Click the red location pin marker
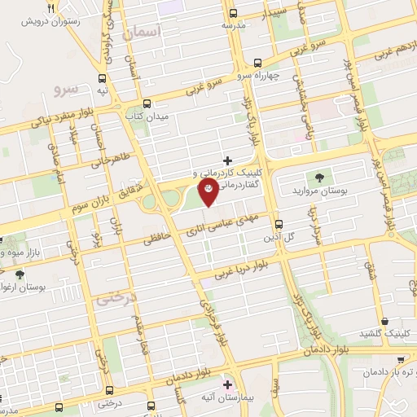(x=209, y=192)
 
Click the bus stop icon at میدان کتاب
(x=147, y=103)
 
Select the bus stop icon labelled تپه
(x=103, y=79)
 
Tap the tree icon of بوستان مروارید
(x=318, y=178)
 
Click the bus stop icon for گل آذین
(x=279, y=223)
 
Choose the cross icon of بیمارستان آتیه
(x=227, y=384)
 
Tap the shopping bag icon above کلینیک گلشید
(x=383, y=322)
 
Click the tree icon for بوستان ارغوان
(x=20, y=274)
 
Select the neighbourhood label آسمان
(x=145, y=33)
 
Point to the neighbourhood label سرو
(x=63, y=86)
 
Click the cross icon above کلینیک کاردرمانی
(x=227, y=160)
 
